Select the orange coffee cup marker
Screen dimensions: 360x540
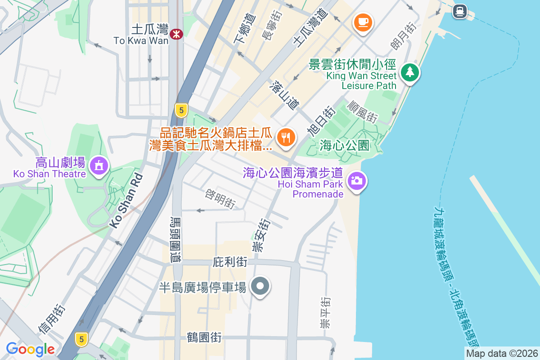click(363, 22)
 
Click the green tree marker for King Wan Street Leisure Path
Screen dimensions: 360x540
click(409, 72)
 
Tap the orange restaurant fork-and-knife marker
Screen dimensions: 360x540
click(286, 136)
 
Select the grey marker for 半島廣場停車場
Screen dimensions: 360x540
click(260, 286)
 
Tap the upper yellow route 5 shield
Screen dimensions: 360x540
click(181, 110)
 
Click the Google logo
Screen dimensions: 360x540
click(30, 349)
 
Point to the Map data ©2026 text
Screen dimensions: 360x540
click(501, 353)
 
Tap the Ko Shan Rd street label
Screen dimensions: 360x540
click(126, 200)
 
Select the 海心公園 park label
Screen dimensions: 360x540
click(345, 145)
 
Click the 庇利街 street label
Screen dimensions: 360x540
click(230, 262)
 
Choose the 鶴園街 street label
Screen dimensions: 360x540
click(205, 337)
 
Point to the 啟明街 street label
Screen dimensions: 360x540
click(220, 198)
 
